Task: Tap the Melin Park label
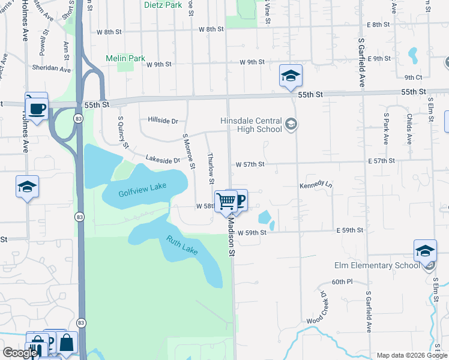click(125, 58)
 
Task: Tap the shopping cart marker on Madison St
click(226, 201)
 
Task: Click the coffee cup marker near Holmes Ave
click(37, 109)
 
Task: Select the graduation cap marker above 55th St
click(291, 76)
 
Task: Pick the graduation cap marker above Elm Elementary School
click(425, 251)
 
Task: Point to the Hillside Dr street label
click(163, 121)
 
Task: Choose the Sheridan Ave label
click(52, 68)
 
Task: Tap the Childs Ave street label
click(409, 129)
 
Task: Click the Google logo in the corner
click(20, 353)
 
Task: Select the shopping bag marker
click(66, 344)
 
